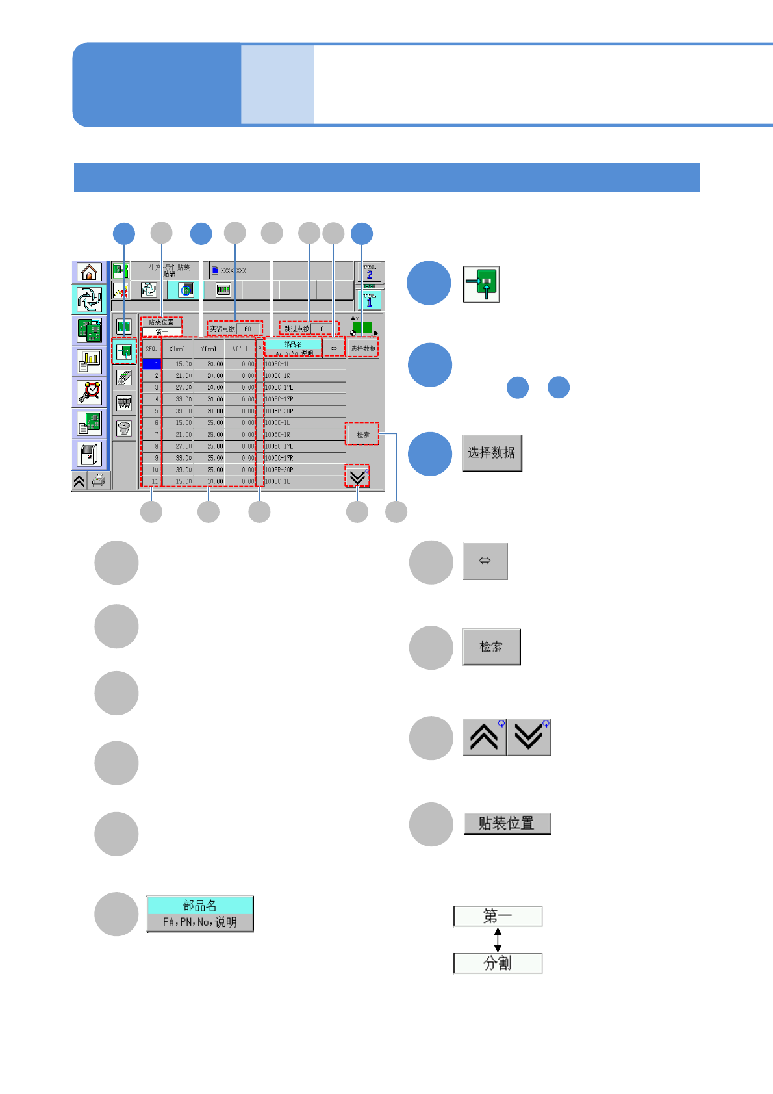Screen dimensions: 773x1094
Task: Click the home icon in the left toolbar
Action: coord(89,272)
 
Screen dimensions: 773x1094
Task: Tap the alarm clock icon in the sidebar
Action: coord(89,392)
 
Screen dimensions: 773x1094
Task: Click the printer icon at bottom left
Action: coord(99,481)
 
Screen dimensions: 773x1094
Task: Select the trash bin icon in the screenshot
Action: coord(124,428)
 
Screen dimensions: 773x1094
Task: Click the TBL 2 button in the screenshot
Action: coord(370,272)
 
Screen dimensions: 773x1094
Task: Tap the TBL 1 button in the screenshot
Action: coord(370,299)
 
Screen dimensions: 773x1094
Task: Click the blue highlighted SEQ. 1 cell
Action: coord(151,364)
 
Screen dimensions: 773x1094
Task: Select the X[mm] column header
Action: coord(177,349)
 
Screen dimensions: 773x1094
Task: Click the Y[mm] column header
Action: coord(209,349)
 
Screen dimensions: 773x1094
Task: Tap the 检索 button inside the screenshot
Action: coord(362,435)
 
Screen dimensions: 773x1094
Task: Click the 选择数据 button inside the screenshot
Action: coord(362,349)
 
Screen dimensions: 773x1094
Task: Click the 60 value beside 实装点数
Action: coord(248,329)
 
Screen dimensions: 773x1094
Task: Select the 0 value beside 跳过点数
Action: coord(322,329)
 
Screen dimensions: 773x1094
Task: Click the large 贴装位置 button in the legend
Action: coord(507,824)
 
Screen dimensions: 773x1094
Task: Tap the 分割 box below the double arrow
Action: coord(498,963)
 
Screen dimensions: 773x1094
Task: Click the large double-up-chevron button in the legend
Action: coord(484,737)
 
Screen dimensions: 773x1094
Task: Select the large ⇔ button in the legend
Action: coord(485,561)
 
